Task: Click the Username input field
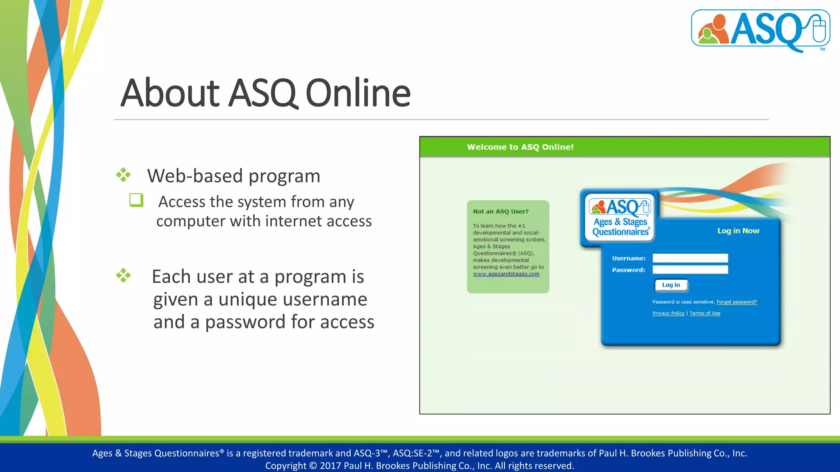pos(690,258)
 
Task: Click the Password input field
pos(690,270)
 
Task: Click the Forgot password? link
pos(736,302)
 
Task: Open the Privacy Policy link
pos(668,313)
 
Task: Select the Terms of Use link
pos(705,313)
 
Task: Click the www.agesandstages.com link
pos(506,274)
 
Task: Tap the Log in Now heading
pos(738,231)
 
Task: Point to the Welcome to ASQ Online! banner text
pos(520,147)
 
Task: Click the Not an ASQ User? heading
pos(500,212)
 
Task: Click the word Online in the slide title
pos(358,93)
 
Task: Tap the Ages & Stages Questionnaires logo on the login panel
pos(620,218)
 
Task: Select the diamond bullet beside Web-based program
pos(123,175)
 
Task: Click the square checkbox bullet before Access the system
pos(136,200)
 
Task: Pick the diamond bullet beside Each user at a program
pos(123,275)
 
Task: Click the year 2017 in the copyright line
pos(330,466)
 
